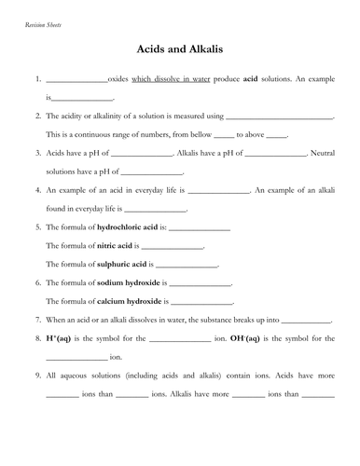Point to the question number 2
point(35,118)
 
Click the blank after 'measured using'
point(280,119)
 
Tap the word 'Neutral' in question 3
point(319,155)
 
